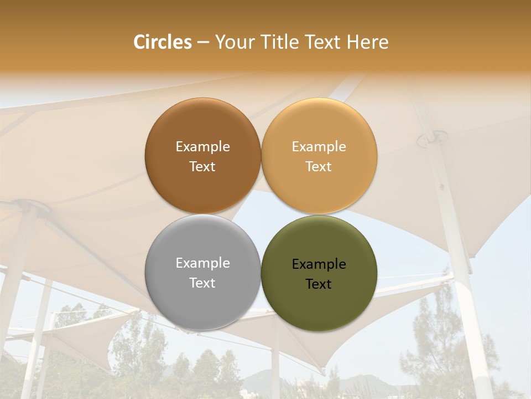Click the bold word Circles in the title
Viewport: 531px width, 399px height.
point(162,42)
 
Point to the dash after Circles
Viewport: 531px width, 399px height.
point(203,43)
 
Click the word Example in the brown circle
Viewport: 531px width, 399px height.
point(202,147)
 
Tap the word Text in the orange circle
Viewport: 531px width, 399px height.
point(319,166)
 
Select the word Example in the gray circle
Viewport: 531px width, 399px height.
point(202,263)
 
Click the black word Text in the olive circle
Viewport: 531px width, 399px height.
point(319,284)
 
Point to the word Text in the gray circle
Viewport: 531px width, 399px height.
point(202,283)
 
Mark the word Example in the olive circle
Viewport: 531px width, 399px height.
point(319,264)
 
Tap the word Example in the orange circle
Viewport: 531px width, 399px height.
point(319,147)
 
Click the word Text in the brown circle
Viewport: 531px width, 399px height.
point(202,166)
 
